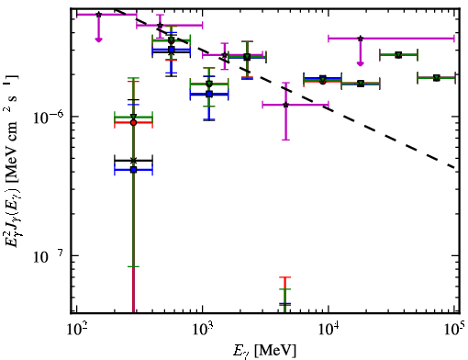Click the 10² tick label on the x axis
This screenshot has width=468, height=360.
click(76, 330)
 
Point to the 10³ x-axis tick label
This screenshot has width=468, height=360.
click(202, 330)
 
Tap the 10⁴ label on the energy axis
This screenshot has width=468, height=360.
click(329, 330)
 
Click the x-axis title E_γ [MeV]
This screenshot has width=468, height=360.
click(264, 351)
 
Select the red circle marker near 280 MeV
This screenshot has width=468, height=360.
click(133, 123)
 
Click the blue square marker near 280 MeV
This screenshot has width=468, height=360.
click(133, 170)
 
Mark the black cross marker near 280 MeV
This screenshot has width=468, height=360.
click(133, 161)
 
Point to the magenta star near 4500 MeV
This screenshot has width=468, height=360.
click(285, 105)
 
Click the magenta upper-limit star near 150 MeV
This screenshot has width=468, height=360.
click(98, 15)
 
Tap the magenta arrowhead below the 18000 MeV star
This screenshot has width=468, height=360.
click(361, 63)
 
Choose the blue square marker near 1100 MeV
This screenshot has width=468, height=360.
click(209, 94)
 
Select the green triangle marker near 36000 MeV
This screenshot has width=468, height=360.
click(398, 55)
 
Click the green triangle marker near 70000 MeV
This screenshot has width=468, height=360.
click(437, 78)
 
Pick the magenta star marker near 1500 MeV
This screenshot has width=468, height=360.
click(225, 55)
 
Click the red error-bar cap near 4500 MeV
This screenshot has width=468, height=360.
click(284, 277)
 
